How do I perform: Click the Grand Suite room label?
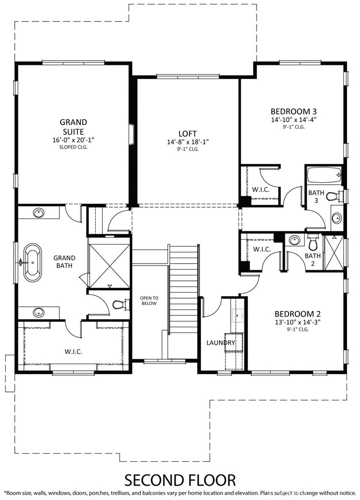(x=72, y=126)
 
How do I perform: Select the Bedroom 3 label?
(x=293, y=110)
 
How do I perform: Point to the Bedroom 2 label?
(x=297, y=314)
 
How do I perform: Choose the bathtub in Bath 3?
(x=324, y=176)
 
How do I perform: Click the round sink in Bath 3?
(x=337, y=218)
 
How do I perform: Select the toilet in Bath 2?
(x=313, y=244)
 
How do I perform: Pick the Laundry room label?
(x=221, y=343)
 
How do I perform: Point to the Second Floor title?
(x=180, y=479)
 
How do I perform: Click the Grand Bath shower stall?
(x=109, y=263)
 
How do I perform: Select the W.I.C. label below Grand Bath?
(x=73, y=351)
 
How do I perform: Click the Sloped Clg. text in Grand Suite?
(x=72, y=147)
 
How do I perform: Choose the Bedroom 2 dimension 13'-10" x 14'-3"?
(x=297, y=322)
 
